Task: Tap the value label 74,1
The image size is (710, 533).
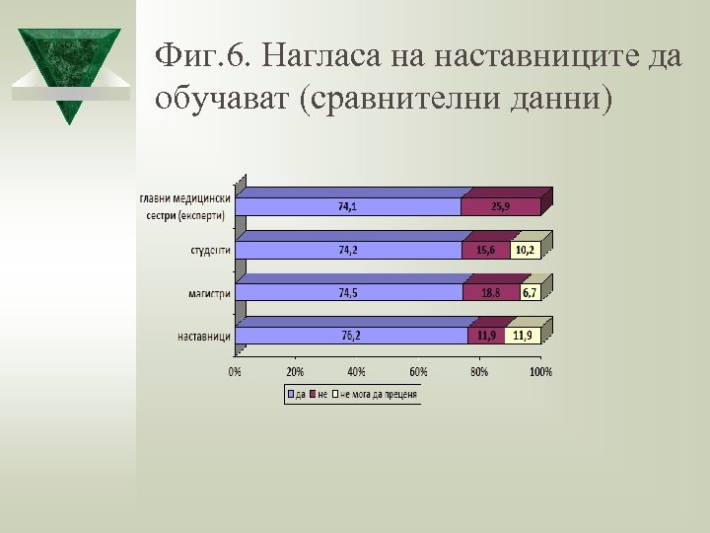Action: [348, 207]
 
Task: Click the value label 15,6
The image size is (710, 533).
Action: [486, 251]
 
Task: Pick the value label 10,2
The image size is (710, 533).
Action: [525, 251]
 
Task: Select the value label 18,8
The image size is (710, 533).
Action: [490, 293]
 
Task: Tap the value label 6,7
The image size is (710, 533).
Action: [529, 293]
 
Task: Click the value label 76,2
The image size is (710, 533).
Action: [351, 336]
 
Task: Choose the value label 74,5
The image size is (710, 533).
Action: [348, 293]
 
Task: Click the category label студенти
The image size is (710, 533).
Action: [210, 251]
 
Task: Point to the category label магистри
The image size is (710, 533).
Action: [210, 293]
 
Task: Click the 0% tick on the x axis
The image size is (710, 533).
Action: [235, 372]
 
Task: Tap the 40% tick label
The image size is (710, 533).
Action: [356, 372]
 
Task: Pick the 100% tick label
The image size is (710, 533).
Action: [540, 372]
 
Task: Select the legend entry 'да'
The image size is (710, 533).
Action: [295, 395]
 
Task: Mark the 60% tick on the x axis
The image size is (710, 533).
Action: [417, 372]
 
